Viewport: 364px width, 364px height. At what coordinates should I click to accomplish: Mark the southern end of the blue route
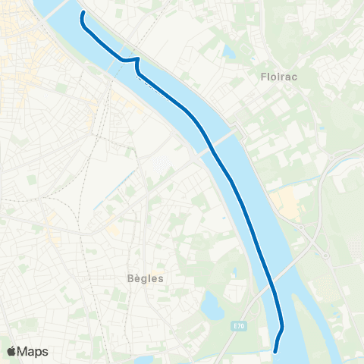[x=275, y=350]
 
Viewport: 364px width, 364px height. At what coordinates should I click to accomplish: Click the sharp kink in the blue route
[x=137, y=58]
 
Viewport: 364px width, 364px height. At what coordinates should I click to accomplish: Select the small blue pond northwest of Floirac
[x=228, y=52]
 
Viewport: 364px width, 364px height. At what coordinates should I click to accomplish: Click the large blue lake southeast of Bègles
[x=211, y=307]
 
